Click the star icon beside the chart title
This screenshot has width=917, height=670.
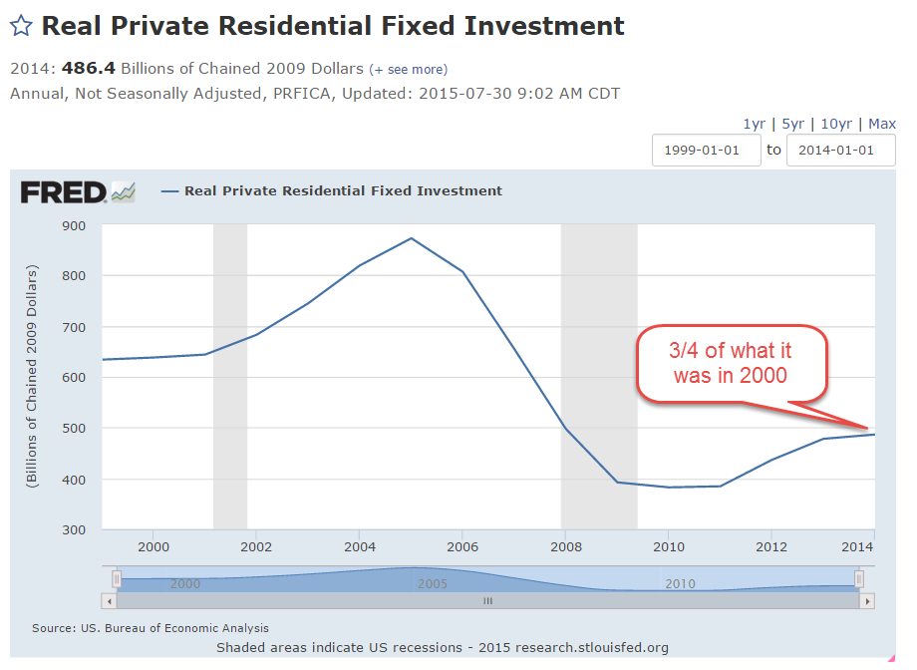(21, 26)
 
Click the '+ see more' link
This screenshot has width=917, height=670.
(409, 70)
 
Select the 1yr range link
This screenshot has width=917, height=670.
(754, 124)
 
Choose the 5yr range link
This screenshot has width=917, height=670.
(792, 124)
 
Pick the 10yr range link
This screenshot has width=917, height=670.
(835, 124)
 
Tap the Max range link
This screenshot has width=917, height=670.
(882, 124)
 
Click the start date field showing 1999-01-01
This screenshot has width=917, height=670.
(706, 151)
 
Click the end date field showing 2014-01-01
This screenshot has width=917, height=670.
(840, 151)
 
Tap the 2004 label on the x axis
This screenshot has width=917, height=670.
(359, 547)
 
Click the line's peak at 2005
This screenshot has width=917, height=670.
(411, 238)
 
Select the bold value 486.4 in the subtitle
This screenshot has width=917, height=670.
(89, 70)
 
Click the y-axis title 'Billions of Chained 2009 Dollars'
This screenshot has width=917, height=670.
(33, 377)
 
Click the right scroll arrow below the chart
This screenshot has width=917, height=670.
(867, 601)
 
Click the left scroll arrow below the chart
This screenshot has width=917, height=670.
(109, 601)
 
